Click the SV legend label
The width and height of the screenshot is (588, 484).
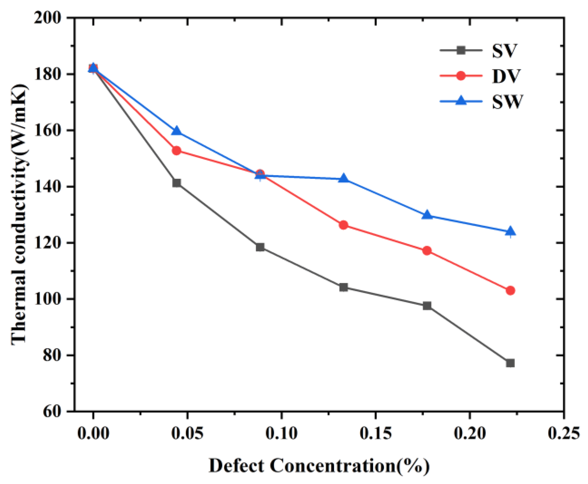pyautogui.click(x=504, y=51)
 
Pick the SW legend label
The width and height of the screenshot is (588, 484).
pyautogui.click(x=507, y=101)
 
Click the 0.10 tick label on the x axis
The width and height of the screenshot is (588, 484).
pyautogui.click(x=281, y=433)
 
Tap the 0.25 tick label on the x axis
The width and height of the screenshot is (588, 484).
pyautogui.click(x=564, y=433)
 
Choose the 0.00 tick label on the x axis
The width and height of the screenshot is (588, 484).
pyautogui.click(x=93, y=433)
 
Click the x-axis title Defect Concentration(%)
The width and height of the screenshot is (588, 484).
pyautogui.click(x=319, y=465)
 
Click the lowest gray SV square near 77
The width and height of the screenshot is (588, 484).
pyautogui.click(x=510, y=363)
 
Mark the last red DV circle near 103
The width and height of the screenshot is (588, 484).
pyautogui.click(x=510, y=290)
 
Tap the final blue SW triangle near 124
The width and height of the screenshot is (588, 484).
pyautogui.click(x=510, y=231)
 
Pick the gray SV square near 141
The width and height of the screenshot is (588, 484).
pyautogui.click(x=177, y=183)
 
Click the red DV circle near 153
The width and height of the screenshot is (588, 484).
pyautogui.click(x=177, y=150)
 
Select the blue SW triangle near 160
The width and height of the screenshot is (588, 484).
pyautogui.click(x=177, y=131)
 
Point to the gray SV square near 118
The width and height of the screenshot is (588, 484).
pyautogui.click(x=260, y=247)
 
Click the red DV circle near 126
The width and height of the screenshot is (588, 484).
pyautogui.click(x=343, y=225)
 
